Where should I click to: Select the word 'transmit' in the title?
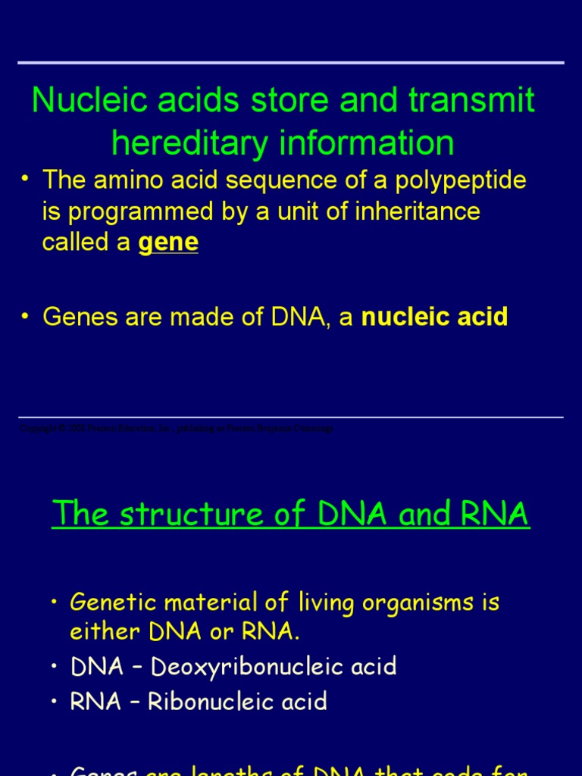472,101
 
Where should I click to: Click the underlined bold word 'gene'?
168,242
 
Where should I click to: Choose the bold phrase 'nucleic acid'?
434,317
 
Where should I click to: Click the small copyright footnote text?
176,428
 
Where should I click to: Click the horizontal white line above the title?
291,63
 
